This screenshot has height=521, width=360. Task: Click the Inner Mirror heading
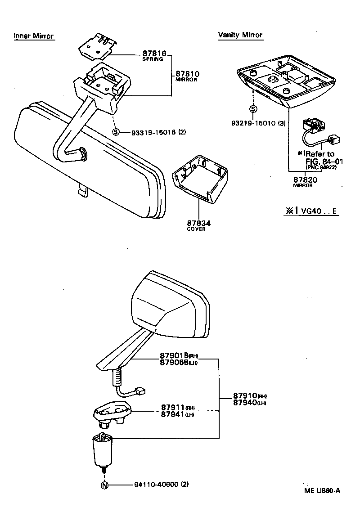[x=34, y=36]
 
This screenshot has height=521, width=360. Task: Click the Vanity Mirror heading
[x=240, y=35]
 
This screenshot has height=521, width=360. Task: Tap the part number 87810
[x=188, y=73]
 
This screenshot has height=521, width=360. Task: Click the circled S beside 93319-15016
[x=116, y=132]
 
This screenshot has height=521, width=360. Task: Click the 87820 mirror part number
[x=306, y=180]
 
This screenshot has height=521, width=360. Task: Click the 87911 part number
[x=173, y=408]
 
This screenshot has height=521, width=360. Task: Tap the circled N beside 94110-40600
[x=104, y=485]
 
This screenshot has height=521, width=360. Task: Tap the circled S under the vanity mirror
[x=253, y=109]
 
